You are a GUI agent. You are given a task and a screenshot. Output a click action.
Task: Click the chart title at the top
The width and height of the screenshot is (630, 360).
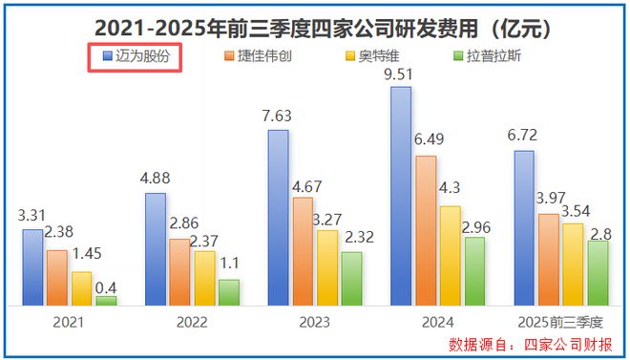pyautogui.click(x=315, y=22)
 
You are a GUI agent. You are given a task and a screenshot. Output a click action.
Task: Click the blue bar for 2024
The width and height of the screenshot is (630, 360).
pyautogui.click(x=402, y=196)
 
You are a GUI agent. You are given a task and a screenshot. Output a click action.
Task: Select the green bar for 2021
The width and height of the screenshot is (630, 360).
pyautogui.click(x=106, y=300)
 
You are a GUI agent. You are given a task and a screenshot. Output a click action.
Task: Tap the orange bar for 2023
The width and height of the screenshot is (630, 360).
pyautogui.click(x=303, y=251)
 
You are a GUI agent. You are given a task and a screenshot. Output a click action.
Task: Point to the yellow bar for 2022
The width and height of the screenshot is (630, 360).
pyautogui.click(x=204, y=278)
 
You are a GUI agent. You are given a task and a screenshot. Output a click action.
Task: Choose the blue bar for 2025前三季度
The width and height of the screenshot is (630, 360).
pyautogui.click(x=524, y=228)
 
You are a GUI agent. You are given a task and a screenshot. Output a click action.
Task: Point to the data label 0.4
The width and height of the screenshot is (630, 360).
pyautogui.click(x=107, y=285)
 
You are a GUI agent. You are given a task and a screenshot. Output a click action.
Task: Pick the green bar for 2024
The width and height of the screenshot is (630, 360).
pyautogui.click(x=475, y=271)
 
